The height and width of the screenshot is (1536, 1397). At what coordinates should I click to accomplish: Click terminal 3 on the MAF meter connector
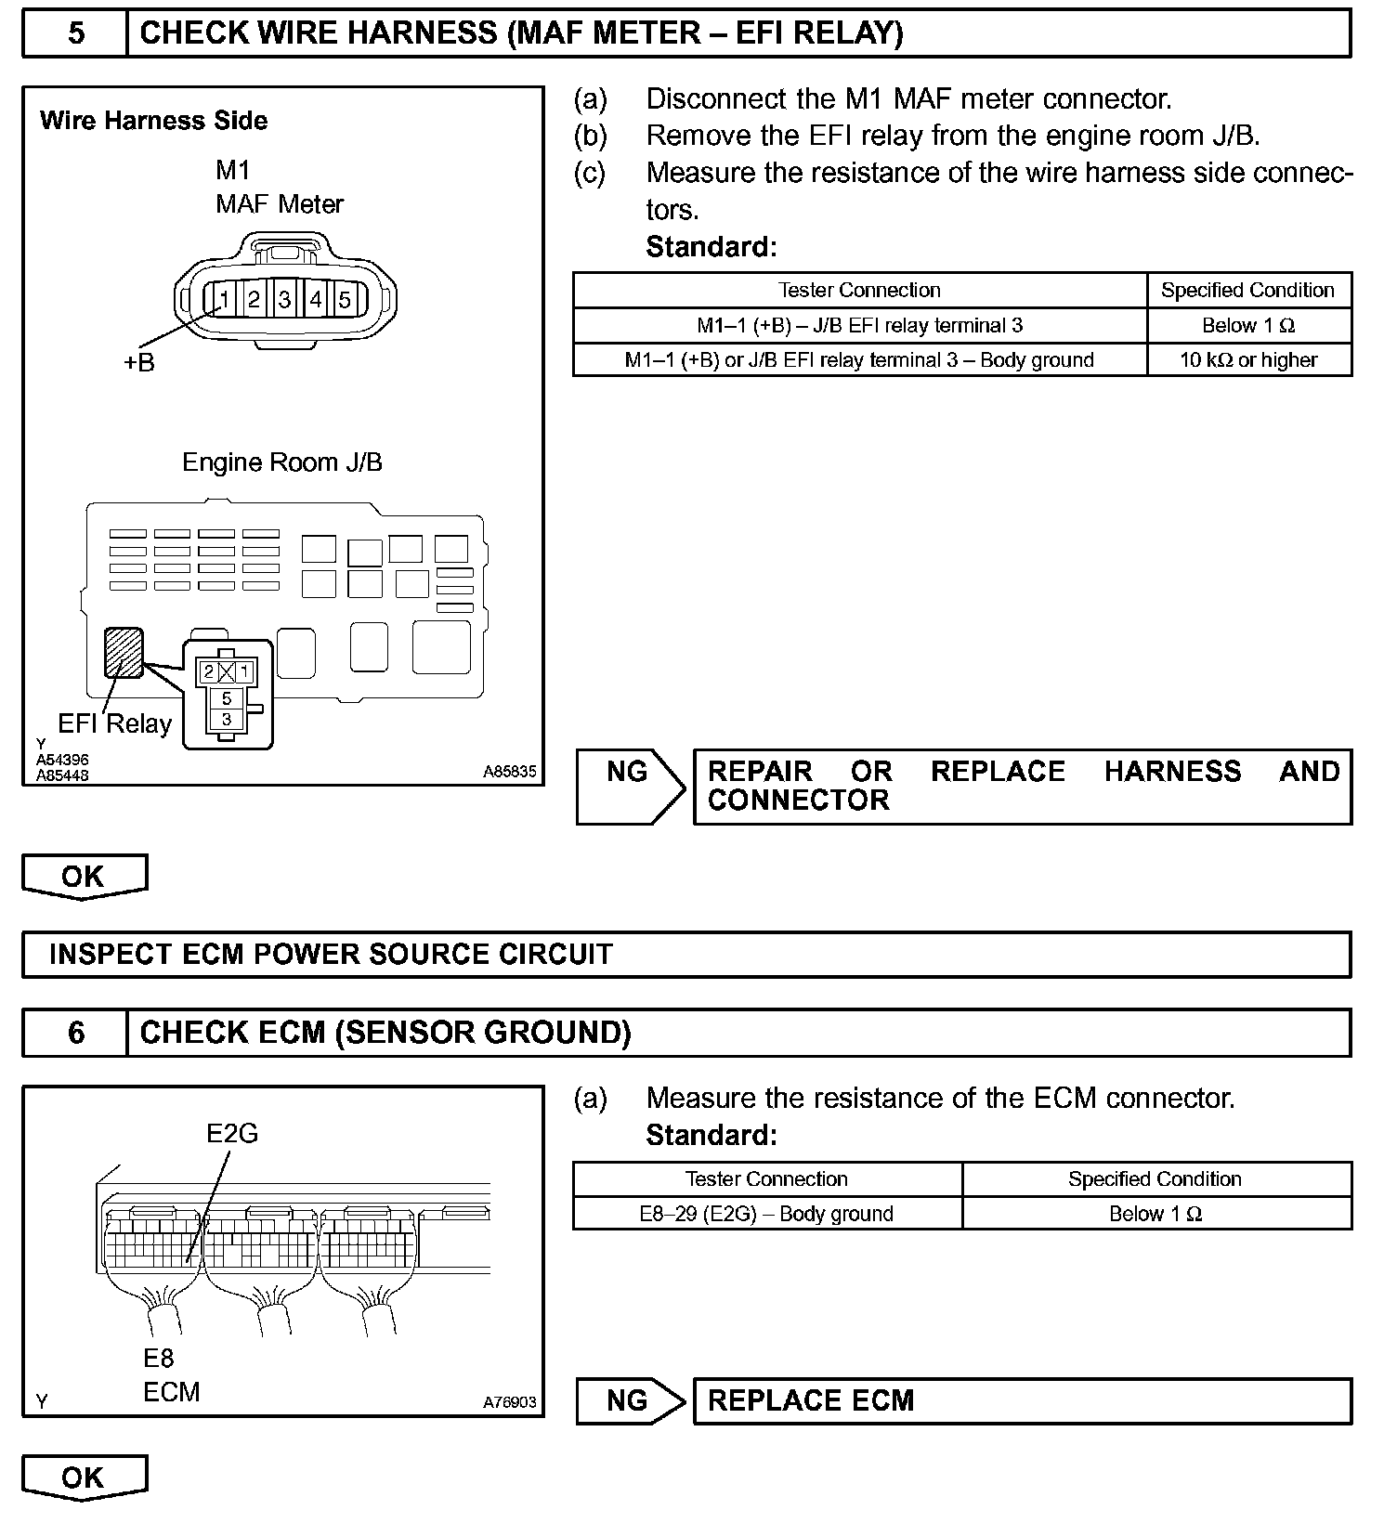284,299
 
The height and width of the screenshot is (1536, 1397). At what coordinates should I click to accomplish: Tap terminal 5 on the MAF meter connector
345,299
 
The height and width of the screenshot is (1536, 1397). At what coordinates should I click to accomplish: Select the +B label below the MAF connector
139,362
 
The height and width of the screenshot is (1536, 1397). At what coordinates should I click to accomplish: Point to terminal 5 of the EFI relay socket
227,698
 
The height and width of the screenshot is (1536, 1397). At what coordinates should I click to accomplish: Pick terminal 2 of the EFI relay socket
209,671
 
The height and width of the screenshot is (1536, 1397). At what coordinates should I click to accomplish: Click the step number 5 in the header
76,33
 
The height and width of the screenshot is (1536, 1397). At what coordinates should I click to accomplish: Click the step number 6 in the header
76,1033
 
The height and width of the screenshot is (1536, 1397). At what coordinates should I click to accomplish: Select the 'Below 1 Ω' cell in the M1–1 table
1248,325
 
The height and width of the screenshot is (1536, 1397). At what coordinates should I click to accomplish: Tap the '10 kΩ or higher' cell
1248,360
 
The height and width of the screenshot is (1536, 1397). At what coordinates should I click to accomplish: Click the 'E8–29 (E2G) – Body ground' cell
766,1214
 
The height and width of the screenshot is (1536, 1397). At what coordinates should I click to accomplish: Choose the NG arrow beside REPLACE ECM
630,1400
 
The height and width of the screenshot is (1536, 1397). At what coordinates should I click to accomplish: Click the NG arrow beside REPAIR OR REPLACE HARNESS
630,786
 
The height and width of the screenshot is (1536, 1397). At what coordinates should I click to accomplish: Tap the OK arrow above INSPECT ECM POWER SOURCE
84,877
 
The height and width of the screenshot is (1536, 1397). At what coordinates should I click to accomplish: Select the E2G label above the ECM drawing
232,1133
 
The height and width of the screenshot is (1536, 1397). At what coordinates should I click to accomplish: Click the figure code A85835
509,772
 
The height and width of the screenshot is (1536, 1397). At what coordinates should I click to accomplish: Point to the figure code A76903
509,1402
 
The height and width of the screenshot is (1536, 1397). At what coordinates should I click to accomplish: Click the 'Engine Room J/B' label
282,462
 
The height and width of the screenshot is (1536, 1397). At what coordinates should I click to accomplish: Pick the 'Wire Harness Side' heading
154,121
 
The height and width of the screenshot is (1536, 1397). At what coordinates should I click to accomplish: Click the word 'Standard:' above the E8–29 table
711,1135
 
